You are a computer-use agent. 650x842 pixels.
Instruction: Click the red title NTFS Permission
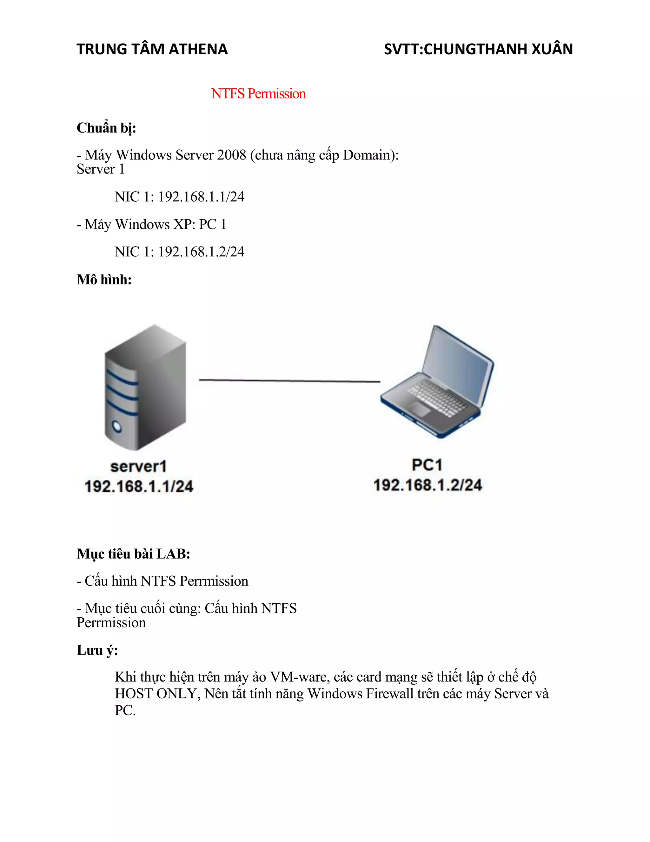coord(258,94)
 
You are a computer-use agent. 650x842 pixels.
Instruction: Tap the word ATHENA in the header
coord(198,49)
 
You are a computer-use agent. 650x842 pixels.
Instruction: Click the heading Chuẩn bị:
coord(106,128)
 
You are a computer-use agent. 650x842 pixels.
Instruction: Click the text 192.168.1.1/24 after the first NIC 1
coord(201,197)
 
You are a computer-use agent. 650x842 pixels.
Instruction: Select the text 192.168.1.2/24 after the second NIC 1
coord(201,252)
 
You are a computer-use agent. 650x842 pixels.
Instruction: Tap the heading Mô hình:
coord(104,280)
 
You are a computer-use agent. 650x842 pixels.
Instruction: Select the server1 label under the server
coord(139,467)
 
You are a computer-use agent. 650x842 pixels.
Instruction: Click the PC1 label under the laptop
coord(427,465)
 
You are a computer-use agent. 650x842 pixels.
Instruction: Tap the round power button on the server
coord(116,426)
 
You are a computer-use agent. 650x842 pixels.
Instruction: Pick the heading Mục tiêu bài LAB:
coord(133,554)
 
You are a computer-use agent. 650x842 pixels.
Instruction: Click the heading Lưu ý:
coord(97,650)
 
